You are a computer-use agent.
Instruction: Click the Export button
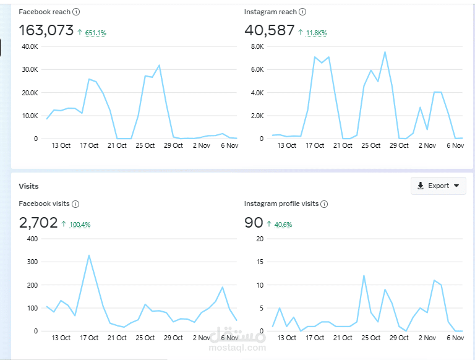[x=438, y=186]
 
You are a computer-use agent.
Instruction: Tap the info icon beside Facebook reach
[x=76, y=12]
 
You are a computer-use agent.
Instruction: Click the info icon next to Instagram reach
[x=302, y=12]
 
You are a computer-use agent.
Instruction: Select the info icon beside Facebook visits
[x=75, y=204]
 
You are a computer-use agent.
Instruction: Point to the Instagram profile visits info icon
[x=324, y=204]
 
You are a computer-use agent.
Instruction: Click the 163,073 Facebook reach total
[x=46, y=30]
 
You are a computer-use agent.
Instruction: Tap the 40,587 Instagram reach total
[x=269, y=30]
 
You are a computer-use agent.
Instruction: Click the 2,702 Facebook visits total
[x=38, y=223]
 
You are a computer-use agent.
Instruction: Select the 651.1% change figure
[x=95, y=33]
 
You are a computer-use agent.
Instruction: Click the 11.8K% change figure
[x=316, y=33]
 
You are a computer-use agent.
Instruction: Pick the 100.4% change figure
[x=80, y=225]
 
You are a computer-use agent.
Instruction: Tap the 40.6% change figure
[x=283, y=225]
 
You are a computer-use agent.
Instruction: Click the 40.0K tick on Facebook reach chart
[x=30, y=46]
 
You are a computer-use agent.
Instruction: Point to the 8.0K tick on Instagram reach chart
[x=257, y=46]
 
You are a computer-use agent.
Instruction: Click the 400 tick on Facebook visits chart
[x=32, y=239]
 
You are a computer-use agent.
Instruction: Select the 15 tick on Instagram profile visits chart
[x=260, y=262]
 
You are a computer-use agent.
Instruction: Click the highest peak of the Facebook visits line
[x=89, y=255]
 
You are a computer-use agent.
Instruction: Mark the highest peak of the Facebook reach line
[x=159, y=65]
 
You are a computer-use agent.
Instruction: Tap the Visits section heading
[x=28, y=186]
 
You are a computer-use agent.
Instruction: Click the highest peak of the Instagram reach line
[x=385, y=52]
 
